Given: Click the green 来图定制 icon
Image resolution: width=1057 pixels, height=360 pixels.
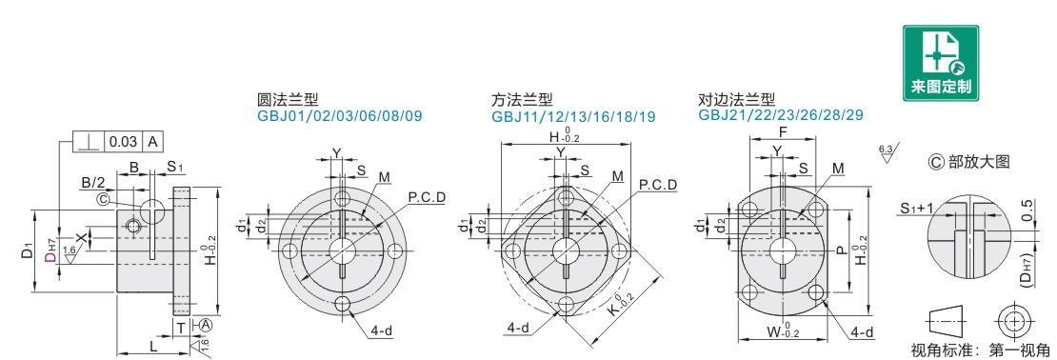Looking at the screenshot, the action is tap(941, 64).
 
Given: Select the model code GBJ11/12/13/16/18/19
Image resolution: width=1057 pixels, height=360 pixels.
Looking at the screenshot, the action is tap(573, 116).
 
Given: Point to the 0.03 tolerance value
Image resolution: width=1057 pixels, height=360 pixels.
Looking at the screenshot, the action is tap(124, 142).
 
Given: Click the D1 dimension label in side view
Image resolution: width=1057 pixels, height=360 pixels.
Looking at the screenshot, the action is tap(26, 252).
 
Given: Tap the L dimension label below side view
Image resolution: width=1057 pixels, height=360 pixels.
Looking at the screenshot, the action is tap(153, 345).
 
